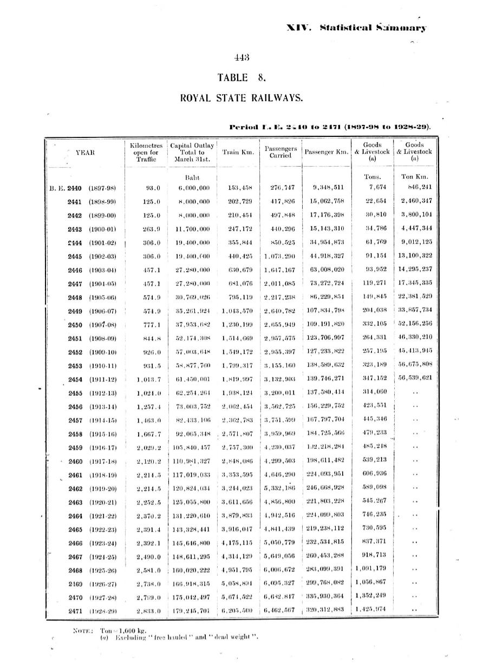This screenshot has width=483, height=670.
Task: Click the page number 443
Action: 241,58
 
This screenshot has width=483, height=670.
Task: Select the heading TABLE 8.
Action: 241,78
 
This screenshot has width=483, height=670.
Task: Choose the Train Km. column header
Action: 238,153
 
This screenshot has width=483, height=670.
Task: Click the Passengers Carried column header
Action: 280,152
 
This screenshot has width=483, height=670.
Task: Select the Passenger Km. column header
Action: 326,153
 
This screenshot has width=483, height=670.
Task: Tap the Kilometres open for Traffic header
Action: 146,152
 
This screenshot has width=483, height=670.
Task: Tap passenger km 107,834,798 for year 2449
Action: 326,311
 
